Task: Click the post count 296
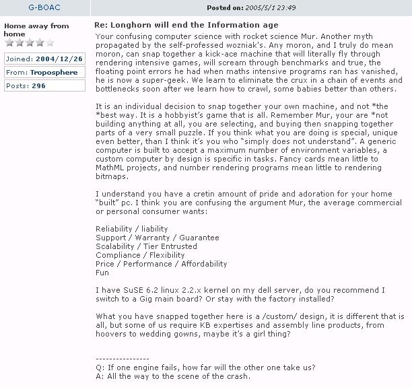[x=38, y=86]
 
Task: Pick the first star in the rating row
[x=9, y=43]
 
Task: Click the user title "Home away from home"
[x=36, y=30]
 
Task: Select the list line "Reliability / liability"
[x=132, y=229]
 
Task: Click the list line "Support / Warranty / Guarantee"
[x=157, y=238]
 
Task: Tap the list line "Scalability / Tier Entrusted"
[x=146, y=246]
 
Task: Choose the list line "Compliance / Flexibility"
[x=140, y=255]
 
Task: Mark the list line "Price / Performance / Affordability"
[x=162, y=264]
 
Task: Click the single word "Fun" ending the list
[x=102, y=273]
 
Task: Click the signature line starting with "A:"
[x=173, y=376]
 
